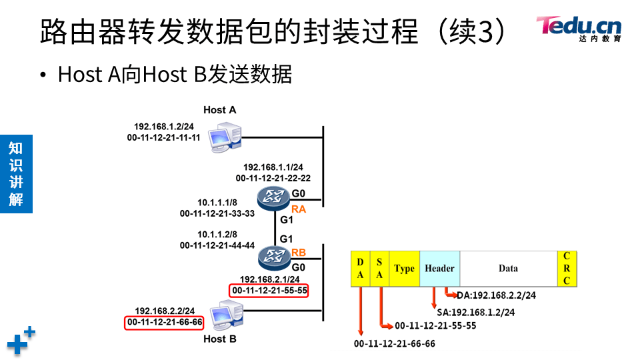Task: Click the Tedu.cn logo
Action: coord(578,28)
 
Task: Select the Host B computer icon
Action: coord(226,315)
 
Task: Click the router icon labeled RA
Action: coord(272,197)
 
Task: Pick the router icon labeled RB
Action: coord(272,255)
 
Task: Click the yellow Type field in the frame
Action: coord(404,269)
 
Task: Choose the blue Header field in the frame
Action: coord(439,269)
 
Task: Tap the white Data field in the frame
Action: coord(508,269)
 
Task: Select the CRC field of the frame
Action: coord(567,269)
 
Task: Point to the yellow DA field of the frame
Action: coord(360,269)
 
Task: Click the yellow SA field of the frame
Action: coord(379,269)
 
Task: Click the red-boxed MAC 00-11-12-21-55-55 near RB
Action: coord(269,291)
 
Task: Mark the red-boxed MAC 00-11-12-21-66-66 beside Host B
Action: coord(165,323)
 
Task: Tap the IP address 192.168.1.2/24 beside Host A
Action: coord(164,127)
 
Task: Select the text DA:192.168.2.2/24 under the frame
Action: coord(497,295)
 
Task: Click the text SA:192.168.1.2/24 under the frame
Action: coord(476,311)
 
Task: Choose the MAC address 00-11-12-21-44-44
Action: coord(217,245)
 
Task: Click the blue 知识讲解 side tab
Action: coord(16,173)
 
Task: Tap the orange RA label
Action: coord(298,209)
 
